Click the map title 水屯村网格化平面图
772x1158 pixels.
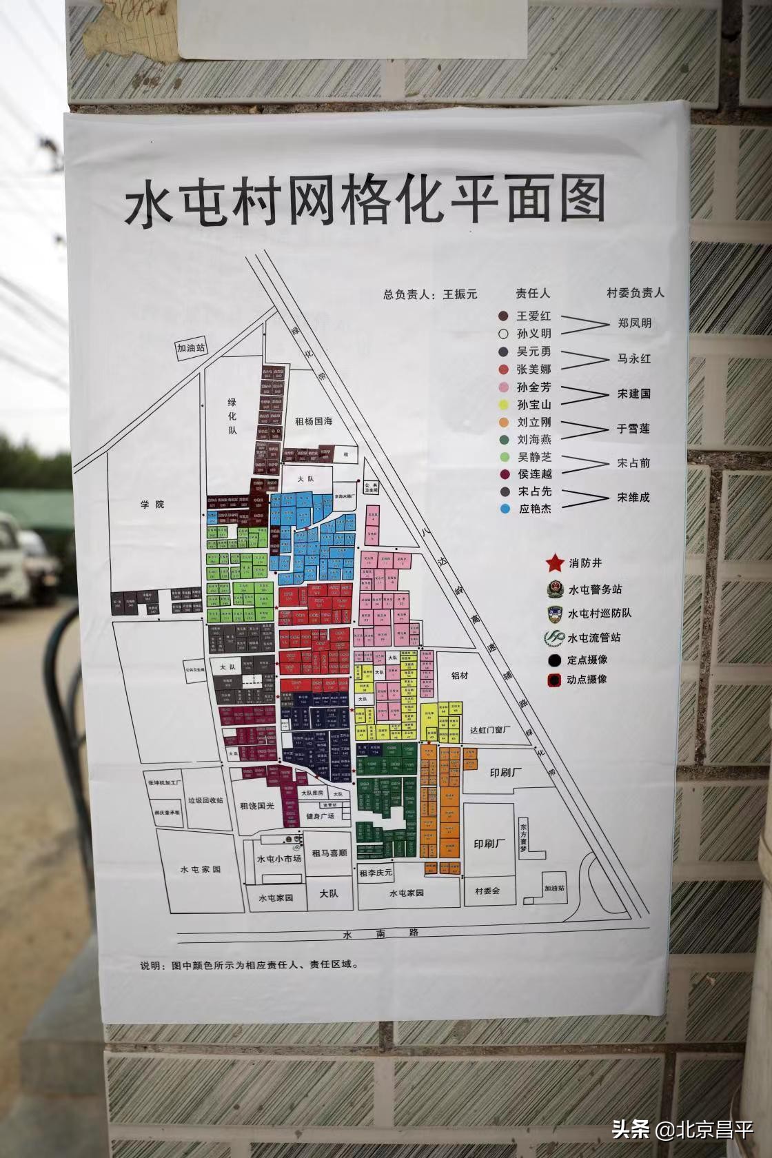[x=365, y=200]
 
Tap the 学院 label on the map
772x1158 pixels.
[x=152, y=505]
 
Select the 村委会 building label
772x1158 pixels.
[x=487, y=891]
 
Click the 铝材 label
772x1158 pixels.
[x=460, y=675]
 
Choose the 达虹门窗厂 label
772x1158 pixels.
[x=490, y=730]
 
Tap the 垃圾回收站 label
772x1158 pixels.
[x=206, y=801]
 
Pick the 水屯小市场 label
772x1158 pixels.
[x=279, y=859]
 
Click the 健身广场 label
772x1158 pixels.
[x=320, y=816]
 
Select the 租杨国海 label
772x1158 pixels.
[x=314, y=421]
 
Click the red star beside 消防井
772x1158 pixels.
[x=555, y=564]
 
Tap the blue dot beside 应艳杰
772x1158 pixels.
[x=506, y=509]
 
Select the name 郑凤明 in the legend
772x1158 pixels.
[x=634, y=323]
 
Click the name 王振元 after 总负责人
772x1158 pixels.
[x=460, y=294]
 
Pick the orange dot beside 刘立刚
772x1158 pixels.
[x=505, y=422]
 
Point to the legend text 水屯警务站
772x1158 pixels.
[x=595, y=590]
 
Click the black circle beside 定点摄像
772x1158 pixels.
[x=553, y=660]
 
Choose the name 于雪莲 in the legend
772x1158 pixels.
[x=633, y=429]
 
